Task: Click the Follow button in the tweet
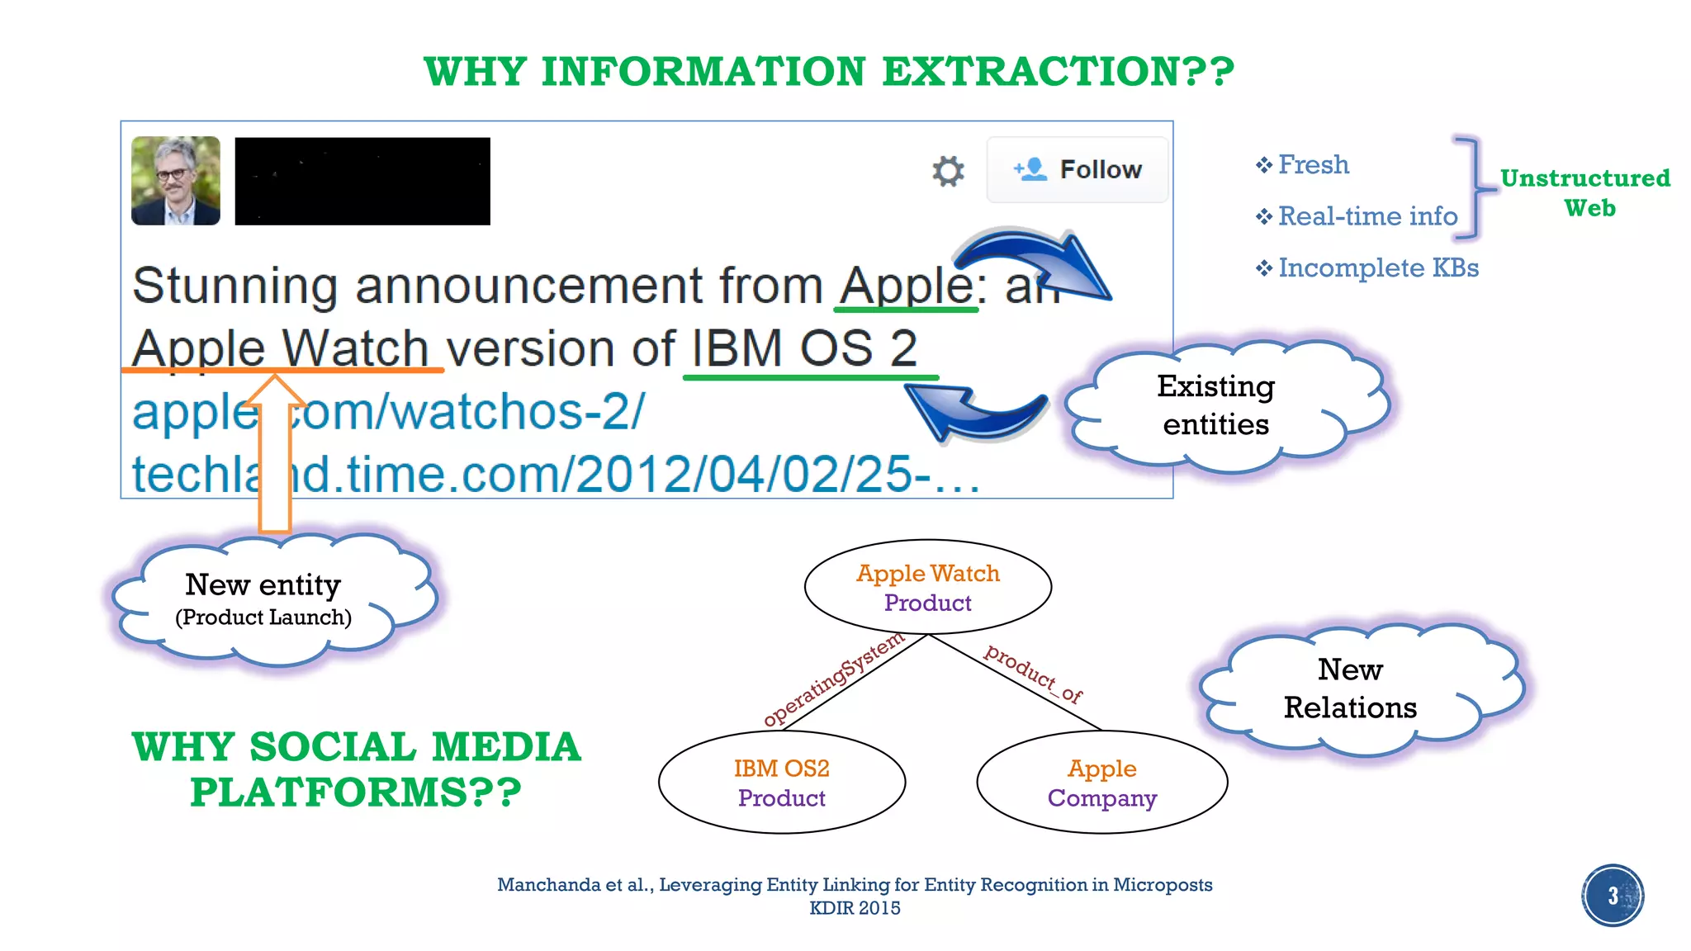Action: pos(1078,169)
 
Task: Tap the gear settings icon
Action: pos(948,171)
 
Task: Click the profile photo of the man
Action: pos(176,181)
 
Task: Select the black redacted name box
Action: pos(362,181)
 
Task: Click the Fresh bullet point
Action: pos(1313,165)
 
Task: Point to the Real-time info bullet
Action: pos(1367,216)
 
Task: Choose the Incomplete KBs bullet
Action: pos(1377,268)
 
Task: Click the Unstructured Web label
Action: pos(1585,192)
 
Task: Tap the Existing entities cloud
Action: pos(1216,405)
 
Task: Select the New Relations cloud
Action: pos(1350,688)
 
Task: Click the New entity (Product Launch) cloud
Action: pos(263,599)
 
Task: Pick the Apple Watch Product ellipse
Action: pos(927,587)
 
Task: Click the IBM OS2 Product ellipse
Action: pos(781,782)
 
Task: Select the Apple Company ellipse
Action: pos(1101,782)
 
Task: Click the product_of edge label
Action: pos(1033,674)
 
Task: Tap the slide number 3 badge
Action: pos(1612,896)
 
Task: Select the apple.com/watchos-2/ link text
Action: pos(388,411)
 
